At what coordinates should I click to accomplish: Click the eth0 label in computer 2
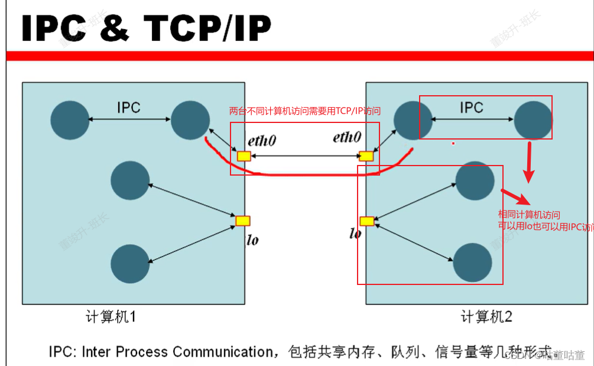click(347, 138)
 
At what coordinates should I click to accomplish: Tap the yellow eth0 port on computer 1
click(244, 157)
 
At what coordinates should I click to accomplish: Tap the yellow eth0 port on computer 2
click(366, 157)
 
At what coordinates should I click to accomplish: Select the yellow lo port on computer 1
click(243, 221)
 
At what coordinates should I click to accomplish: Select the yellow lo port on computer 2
click(366, 221)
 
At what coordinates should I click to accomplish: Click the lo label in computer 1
click(252, 240)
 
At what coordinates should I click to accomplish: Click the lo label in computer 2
click(355, 234)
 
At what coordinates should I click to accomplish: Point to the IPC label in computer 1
click(129, 108)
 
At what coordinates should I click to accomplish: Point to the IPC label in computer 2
click(471, 108)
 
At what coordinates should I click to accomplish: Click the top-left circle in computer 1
click(70, 120)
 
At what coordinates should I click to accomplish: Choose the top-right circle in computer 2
click(533, 119)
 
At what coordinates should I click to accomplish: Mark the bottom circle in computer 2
click(473, 262)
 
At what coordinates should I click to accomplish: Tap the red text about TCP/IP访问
click(304, 111)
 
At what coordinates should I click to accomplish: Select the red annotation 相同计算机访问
click(529, 215)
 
